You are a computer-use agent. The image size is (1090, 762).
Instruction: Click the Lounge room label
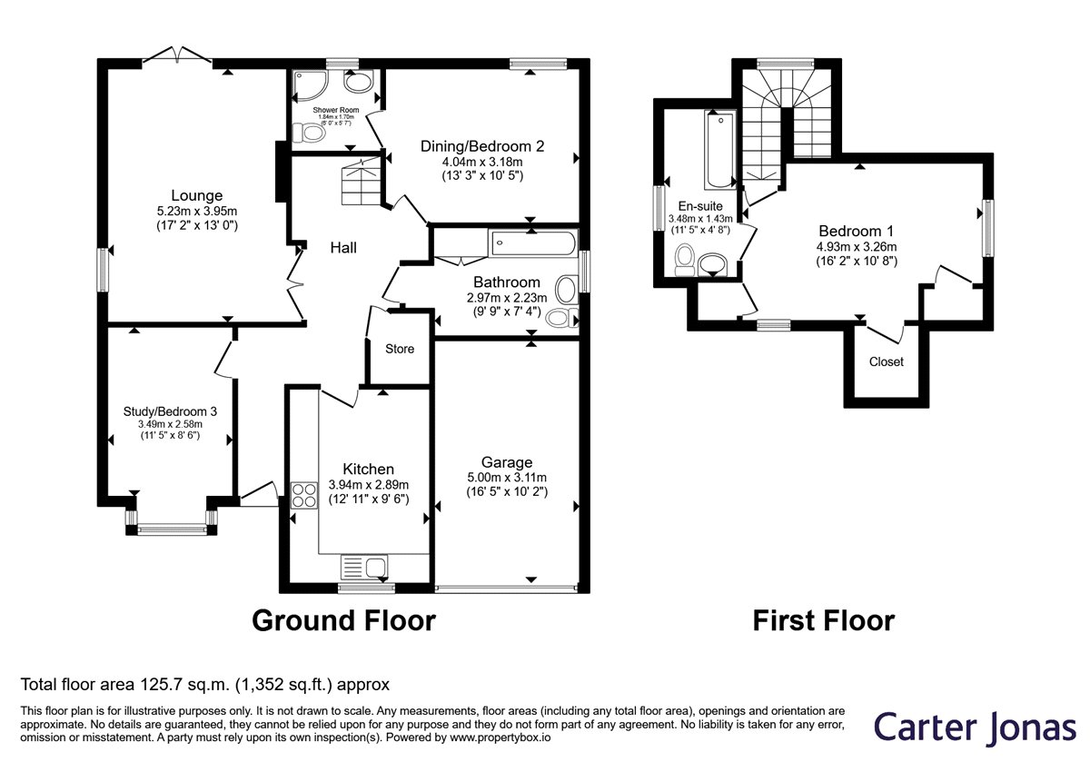pyautogui.click(x=196, y=195)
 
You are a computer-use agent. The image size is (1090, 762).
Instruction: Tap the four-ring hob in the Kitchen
pyautogui.click(x=303, y=495)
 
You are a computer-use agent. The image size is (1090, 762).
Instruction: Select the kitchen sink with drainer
pyautogui.click(x=364, y=567)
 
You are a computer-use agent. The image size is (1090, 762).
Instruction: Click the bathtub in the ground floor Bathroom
pyautogui.click(x=533, y=242)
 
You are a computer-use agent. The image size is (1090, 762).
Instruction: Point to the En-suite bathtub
pyautogui.click(x=720, y=149)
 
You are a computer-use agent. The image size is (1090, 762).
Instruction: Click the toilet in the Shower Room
pyautogui.click(x=309, y=133)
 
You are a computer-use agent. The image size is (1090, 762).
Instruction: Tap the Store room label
pyautogui.click(x=400, y=349)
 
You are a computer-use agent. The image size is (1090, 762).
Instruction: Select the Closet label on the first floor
pyautogui.click(x=887, y=361)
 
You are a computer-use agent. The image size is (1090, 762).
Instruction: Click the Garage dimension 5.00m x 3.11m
pyautogui.click(x=507, y=478)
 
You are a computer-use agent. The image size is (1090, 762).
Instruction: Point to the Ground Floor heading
pyautogui.click(x=343, y=621)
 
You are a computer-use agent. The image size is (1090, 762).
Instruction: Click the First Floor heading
pyautogui.click(x=823, y=621)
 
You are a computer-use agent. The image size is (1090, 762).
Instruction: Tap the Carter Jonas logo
pyautogui.click(x=975, y=727)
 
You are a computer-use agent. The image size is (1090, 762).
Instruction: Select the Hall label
pyautogui.click(x=343, y=248)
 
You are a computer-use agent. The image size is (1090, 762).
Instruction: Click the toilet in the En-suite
pyautogui.click(x=685, y=260)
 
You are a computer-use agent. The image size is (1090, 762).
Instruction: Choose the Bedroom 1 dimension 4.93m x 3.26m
pyautogui.click(x=857, y=247)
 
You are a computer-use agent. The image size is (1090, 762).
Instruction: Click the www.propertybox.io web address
pyautogui.click(x=500, y=737)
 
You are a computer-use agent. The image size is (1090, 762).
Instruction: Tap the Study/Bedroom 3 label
pyautogui.click(x=170, y=411)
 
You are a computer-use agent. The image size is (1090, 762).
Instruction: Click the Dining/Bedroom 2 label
pyautogui.click(x=482, y=146)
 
